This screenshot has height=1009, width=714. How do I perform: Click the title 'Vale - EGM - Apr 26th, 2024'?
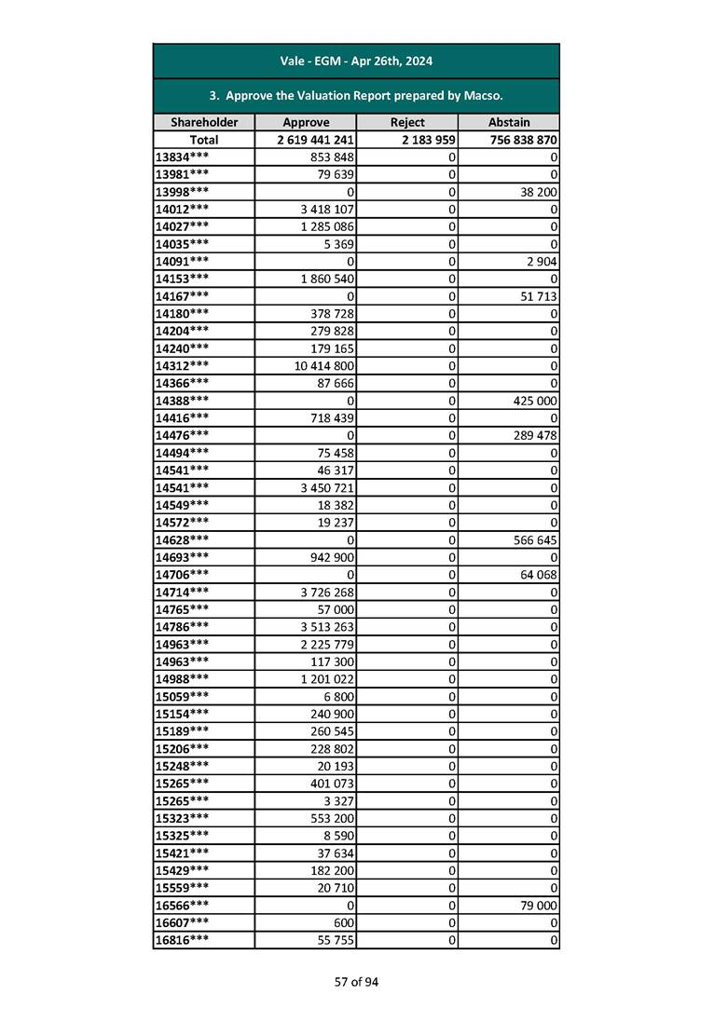coord(356,61)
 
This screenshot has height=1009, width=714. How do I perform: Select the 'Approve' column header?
coord(306,122)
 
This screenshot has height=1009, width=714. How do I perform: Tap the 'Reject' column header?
coord(407,122)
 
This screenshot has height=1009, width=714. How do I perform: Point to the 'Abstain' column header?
coord(509,122)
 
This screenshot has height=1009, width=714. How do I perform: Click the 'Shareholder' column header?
coord(204,122)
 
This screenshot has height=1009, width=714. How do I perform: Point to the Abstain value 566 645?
coord(534,539)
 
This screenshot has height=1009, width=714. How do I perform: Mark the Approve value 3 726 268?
coord(328,592)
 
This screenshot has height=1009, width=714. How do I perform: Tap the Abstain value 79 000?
coord(538,906)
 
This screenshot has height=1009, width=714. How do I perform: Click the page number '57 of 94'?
coord(357,981)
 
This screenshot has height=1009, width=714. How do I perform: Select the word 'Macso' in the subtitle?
coord(481,95)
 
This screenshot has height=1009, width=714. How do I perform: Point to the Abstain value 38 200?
coord(538,191)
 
